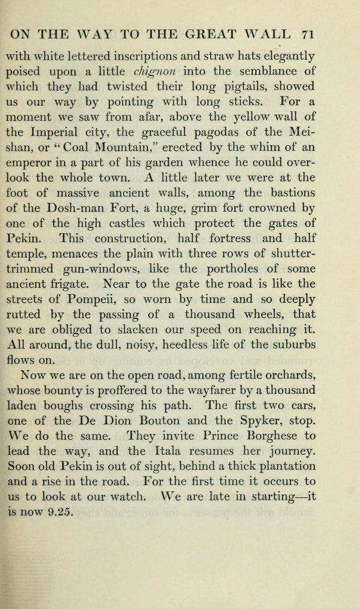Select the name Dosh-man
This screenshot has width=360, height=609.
[64, 208]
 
